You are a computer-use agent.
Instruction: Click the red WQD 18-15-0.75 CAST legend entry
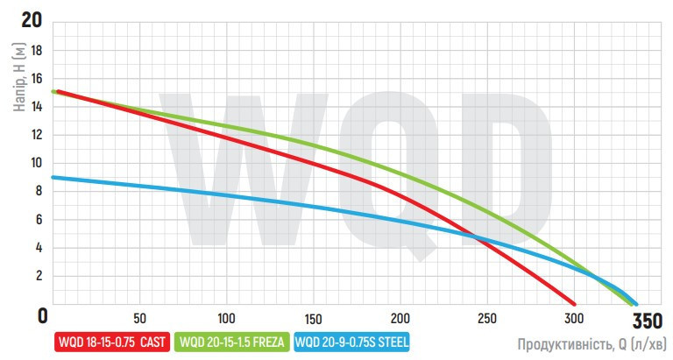115,342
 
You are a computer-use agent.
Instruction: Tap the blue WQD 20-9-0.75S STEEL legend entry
353,342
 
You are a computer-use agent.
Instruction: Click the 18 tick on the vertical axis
37,51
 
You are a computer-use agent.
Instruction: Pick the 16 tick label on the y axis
37,79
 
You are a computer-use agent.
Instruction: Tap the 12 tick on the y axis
37,135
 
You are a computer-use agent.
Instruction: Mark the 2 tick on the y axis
39,275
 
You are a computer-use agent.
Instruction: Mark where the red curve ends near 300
574,300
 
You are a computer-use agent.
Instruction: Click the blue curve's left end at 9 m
54,177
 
